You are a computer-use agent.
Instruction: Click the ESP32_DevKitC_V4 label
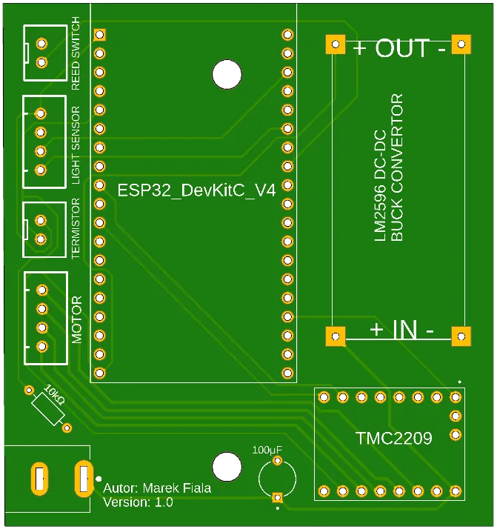point(196,190)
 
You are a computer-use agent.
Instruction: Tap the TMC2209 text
point(393,439)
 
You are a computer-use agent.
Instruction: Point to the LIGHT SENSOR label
point(76,145)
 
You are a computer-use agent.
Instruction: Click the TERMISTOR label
point(76,229)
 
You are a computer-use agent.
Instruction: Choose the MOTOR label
point(77,319)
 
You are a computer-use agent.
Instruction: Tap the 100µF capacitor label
point(267,450)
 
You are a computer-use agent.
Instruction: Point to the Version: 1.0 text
point(138,502)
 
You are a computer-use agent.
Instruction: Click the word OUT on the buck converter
point(401,49)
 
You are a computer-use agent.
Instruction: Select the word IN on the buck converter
point(404,330)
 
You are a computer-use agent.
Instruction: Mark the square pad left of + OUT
point(336,45)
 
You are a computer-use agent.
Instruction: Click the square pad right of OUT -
point(461,45)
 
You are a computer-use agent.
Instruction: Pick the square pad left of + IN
point(336,336)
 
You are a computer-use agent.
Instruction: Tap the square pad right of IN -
point(461,336)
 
